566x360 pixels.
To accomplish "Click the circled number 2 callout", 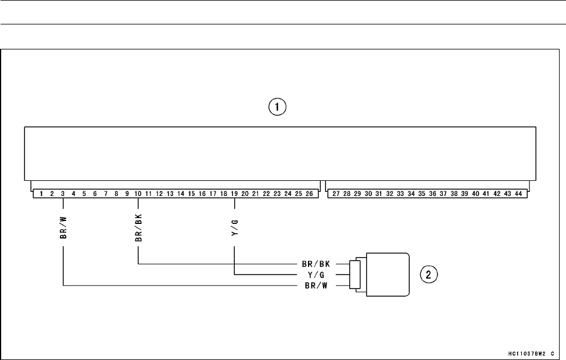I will pyautogui.click(x=429, y=274).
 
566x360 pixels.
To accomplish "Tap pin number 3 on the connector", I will pyautogui.click(x=62, y=193).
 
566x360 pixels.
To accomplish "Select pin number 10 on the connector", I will pyautogui.click(x=138, y=193).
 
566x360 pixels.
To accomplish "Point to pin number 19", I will pyautogui.click(x=234, y=193).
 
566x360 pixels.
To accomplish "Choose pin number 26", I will pyautogui.click(x=309, y=193).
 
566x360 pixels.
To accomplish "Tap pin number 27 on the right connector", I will pyautogui.click(x=336, y=193).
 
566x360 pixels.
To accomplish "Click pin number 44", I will pyautogui.click(x=518, y=193).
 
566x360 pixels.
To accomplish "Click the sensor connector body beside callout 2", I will pyautogui.click(x=386, y=275).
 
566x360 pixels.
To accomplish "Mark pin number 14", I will pyautogui.click(x=181, y=193).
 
